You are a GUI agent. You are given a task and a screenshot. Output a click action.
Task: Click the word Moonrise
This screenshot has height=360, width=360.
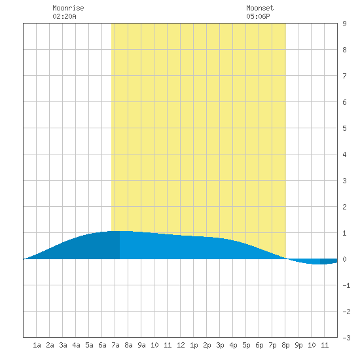(x=68, y=8)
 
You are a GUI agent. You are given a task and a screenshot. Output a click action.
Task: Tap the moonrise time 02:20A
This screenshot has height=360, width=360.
(x=65, y=16)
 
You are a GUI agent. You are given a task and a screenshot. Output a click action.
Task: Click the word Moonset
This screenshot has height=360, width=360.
(x=260, y=8)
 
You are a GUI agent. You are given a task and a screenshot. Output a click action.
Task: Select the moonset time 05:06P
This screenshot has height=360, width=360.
(x=258, y=16)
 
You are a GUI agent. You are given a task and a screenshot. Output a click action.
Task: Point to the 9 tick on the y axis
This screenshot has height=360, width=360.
(x=344, y=24)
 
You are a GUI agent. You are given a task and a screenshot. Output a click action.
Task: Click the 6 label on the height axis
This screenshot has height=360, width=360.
(x=344, y=102)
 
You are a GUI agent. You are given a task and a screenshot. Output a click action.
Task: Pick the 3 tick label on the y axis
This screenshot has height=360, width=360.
(x=344, y=181)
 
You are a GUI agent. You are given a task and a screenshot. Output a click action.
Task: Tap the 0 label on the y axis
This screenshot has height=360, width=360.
(x=344, y=259)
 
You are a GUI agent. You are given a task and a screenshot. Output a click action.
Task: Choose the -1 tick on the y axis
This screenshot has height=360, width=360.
(x=346, y=285)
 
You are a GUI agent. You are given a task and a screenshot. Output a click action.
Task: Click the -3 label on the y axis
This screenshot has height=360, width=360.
(x=346, y=338)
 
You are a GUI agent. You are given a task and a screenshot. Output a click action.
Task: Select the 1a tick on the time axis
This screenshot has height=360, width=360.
(x=37, y=345)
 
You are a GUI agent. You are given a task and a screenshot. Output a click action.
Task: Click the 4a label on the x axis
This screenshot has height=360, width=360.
(x=76, y=345)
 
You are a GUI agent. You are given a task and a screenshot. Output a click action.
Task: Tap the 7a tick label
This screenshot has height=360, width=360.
(x=115, y=345)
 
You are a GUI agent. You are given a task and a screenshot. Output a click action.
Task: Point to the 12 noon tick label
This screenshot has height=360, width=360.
(x=181, y=345)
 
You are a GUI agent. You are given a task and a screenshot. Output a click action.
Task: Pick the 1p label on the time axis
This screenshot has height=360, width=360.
(x=194, y=345)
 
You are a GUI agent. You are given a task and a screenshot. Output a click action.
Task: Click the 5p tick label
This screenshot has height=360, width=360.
(x=246, y=345)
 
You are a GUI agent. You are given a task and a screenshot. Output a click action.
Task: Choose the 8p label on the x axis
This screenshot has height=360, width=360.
(x=285, y=345)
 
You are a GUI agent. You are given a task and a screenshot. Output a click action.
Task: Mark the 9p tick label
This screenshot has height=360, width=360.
(x=298, y=345)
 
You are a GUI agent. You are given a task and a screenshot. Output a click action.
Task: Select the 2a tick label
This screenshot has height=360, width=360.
(x=50, y=345)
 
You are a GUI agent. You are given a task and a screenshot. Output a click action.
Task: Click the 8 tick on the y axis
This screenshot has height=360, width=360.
(x=344, y=50)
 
